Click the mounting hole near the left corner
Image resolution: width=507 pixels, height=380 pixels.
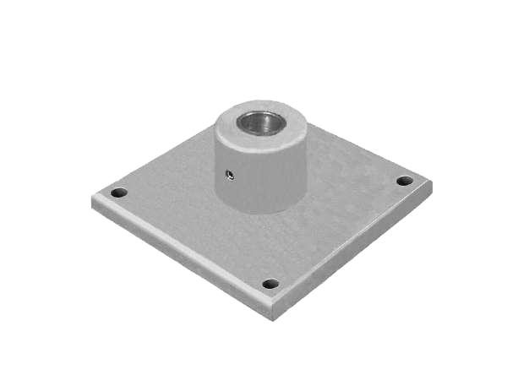[119, 193]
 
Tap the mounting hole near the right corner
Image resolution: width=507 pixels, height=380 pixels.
[405, 181]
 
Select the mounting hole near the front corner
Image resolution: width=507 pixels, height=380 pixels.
[270, 284]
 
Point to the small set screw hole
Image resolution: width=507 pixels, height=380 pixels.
[228, 175]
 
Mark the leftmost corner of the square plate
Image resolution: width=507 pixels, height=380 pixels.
[91, 199]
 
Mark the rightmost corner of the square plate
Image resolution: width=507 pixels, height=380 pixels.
[431, 182]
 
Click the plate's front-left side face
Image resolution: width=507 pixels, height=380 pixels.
[177, 258]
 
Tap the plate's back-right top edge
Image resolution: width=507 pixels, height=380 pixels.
[363, 152]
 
